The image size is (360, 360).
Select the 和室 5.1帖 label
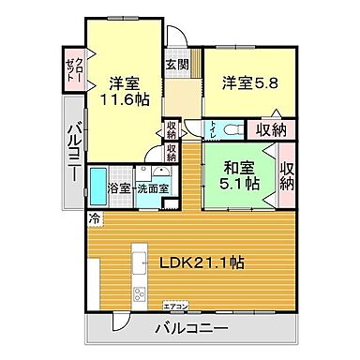[x=239, y=177]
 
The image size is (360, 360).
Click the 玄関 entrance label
[x=176, y=65]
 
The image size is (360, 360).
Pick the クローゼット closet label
[x=74, y=68]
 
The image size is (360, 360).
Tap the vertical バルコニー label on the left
[x=74, y=154]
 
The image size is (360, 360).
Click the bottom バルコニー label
[x=191, y=329]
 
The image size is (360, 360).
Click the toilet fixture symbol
[x=231, y=128]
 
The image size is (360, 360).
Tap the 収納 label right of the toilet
[x=272, y=129]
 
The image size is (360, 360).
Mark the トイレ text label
[x=213, y=129]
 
